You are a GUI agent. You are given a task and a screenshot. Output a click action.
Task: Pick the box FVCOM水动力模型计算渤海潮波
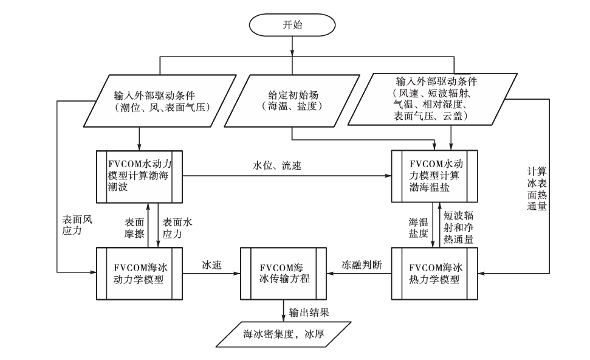[x=140, y=176]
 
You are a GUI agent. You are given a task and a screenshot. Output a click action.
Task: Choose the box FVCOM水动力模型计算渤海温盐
[x=434, y=176]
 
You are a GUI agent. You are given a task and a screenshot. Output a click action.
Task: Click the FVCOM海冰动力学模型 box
[x=140, y=273]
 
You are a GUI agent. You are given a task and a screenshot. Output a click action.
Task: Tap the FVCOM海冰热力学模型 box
[x=434, y=273]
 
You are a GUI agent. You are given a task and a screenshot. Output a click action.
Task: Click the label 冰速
[x=211, y=265]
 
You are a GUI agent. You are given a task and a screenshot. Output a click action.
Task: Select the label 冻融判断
[x=362, y=265]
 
